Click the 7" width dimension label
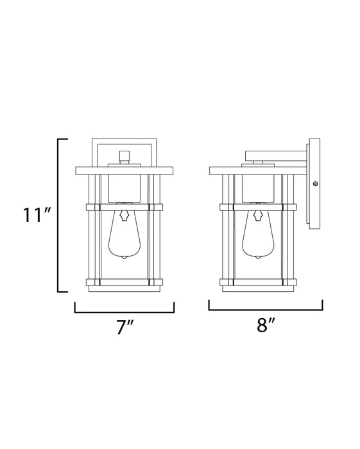click(x=124, y=328)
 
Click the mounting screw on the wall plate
click(x=314, y=184)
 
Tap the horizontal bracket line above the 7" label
click(x=124, y=311)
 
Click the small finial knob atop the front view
click(x=124, y=156)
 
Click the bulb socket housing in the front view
click(x=124, y=187)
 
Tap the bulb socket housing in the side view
click(x=258, y=187)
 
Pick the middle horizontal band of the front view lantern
click(x=124, y=207)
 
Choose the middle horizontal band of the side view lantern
click(x=258, y=207)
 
